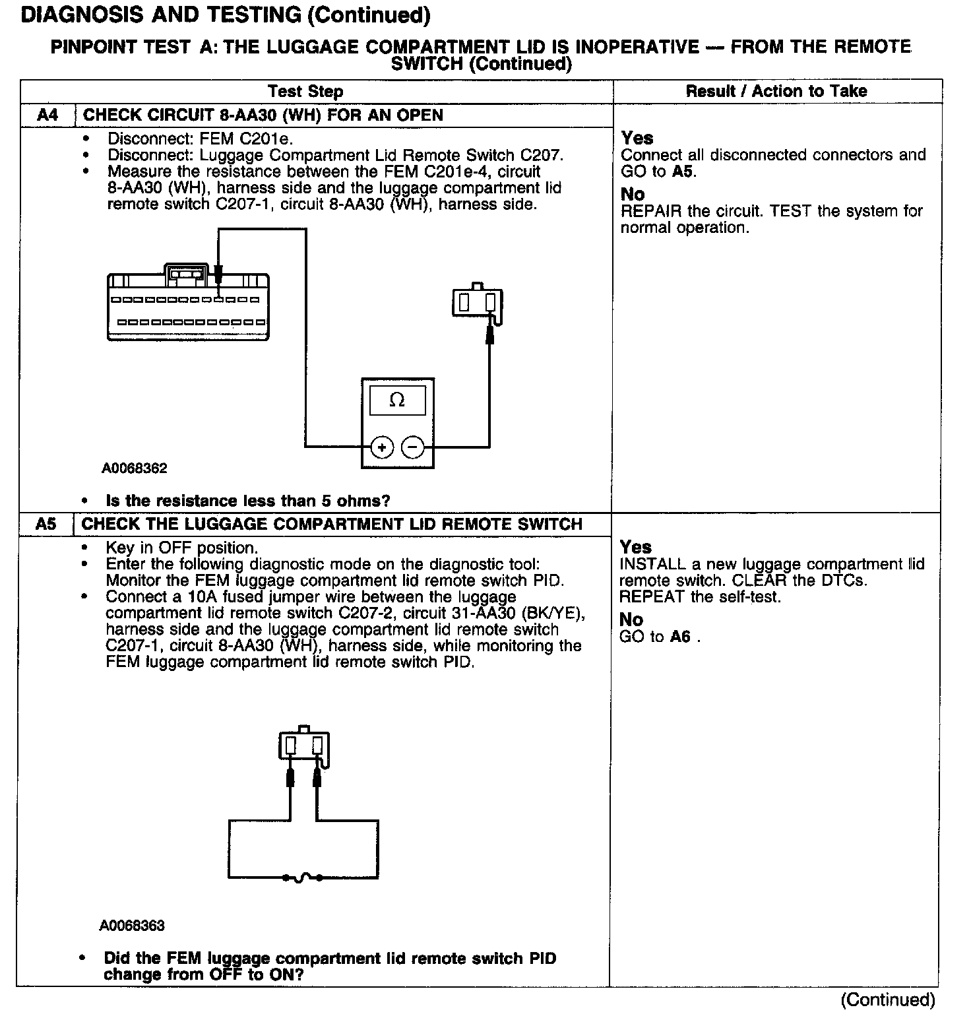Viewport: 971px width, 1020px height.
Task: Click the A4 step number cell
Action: click(x=47, y=115)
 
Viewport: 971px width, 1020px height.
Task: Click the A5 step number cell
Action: click(x=46, y=525)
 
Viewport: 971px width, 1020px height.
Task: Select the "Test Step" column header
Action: click(x=305, y=91)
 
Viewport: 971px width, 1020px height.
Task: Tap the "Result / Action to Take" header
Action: click(x=776, y=91)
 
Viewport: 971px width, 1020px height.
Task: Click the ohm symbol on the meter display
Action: click(x=397, y=400)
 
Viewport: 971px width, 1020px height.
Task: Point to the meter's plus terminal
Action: click(x=381, y=447)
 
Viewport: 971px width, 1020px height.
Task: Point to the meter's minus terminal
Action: click(x=412, y=447)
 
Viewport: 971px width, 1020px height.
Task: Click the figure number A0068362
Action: click(x=135, y=468)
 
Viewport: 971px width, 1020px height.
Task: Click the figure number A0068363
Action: click(x=132, y=926)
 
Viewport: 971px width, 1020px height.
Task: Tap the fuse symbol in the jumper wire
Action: click(x=303, y=877)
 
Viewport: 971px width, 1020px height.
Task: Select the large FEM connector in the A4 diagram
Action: click(x=187, y=305)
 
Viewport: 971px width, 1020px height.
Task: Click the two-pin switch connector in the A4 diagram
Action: click(x=477, y=302)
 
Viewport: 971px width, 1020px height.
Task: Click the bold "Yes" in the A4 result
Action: click(x=637, y=138)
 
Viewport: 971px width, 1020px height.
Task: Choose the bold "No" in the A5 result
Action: click(x=631, y=620)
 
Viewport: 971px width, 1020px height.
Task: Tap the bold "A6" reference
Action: click(x=680, y=637)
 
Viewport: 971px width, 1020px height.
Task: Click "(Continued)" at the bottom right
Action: click(x=887, y=1000)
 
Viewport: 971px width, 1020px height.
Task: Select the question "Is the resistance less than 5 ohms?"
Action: click(x=248, y=501)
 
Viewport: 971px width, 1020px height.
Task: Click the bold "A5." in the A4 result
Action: click(x=685, y=172)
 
